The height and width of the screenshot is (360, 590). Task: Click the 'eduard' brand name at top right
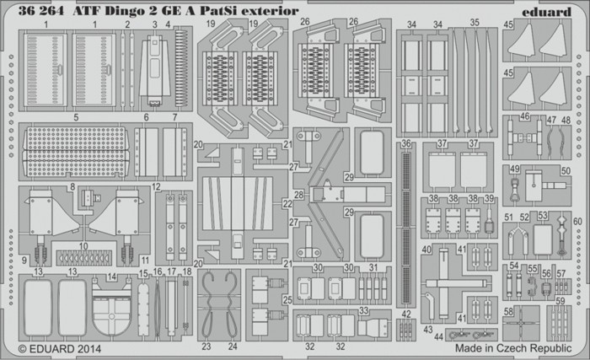click(546, 12)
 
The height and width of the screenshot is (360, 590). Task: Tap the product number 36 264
click(41, 11)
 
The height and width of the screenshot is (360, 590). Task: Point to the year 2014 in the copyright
click(89, 349)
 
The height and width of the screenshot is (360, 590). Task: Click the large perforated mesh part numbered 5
click(76, 151)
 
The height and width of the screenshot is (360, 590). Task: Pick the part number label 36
click(405, 144)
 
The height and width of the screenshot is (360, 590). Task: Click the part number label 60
click(577, 222)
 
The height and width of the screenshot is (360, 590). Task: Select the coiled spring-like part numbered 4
click(181, 67)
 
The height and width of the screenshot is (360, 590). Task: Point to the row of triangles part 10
click(84, 258)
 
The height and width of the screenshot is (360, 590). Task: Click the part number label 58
click(508, 311)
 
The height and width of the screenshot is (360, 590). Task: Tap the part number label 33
click(363, 310)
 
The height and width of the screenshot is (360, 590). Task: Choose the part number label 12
click(156, 186)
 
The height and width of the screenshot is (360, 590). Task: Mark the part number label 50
click(566, 171)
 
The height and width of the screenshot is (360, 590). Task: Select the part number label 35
click(475, 23)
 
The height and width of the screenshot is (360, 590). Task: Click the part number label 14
click(112, 277)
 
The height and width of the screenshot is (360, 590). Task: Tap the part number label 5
click(76, 117)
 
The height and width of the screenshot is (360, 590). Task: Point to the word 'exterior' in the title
click(270, 11)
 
